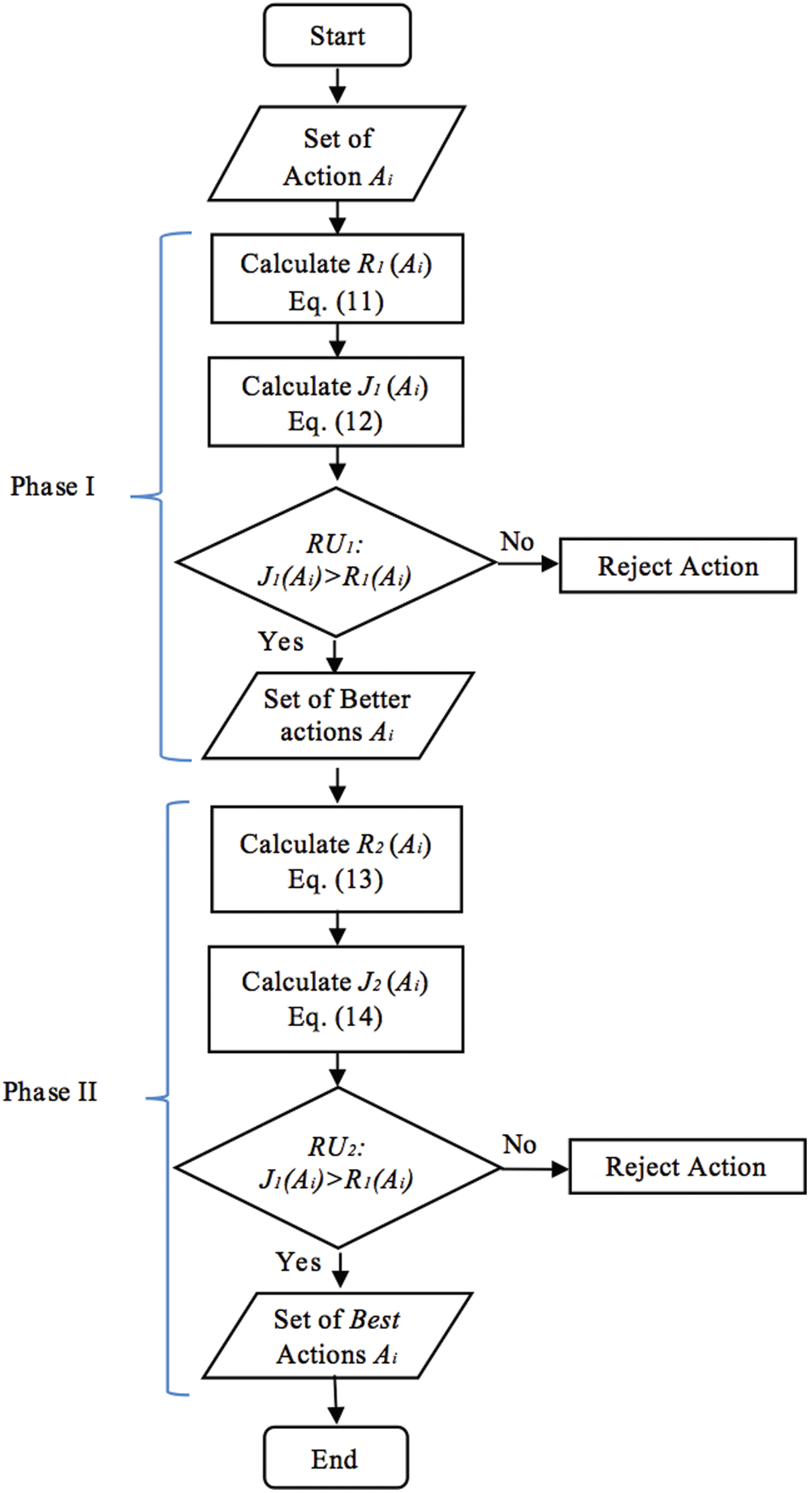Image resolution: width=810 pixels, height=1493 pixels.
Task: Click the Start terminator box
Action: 337,36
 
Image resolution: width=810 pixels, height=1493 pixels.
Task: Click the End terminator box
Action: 335,1459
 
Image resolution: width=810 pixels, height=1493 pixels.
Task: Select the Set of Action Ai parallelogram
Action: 337,154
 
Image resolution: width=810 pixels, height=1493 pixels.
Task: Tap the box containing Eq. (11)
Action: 337,279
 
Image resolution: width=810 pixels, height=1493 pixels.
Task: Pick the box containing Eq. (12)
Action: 336,402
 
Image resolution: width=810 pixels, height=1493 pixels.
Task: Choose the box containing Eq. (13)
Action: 336,860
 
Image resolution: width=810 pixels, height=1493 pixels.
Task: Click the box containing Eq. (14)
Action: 336,999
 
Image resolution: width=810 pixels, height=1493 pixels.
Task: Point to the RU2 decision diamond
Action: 337,1167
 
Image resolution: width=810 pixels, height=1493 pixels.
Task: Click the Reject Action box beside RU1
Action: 678,566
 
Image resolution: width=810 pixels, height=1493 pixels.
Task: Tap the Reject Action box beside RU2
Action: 687,1167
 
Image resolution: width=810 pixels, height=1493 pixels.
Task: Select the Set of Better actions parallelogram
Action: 337,715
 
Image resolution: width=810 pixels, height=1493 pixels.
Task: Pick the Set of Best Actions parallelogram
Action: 337,1336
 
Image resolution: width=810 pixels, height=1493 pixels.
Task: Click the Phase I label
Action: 53,486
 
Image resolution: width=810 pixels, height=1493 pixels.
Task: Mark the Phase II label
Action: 50,1092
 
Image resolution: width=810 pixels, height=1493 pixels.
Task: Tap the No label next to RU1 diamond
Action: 517,542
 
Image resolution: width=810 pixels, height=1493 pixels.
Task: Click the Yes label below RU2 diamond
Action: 298,1262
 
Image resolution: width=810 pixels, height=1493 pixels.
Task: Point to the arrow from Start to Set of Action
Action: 337,85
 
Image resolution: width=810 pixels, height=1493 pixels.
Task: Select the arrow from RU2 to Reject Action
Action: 534,1168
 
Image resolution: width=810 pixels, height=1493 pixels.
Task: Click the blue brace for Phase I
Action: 162,496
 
